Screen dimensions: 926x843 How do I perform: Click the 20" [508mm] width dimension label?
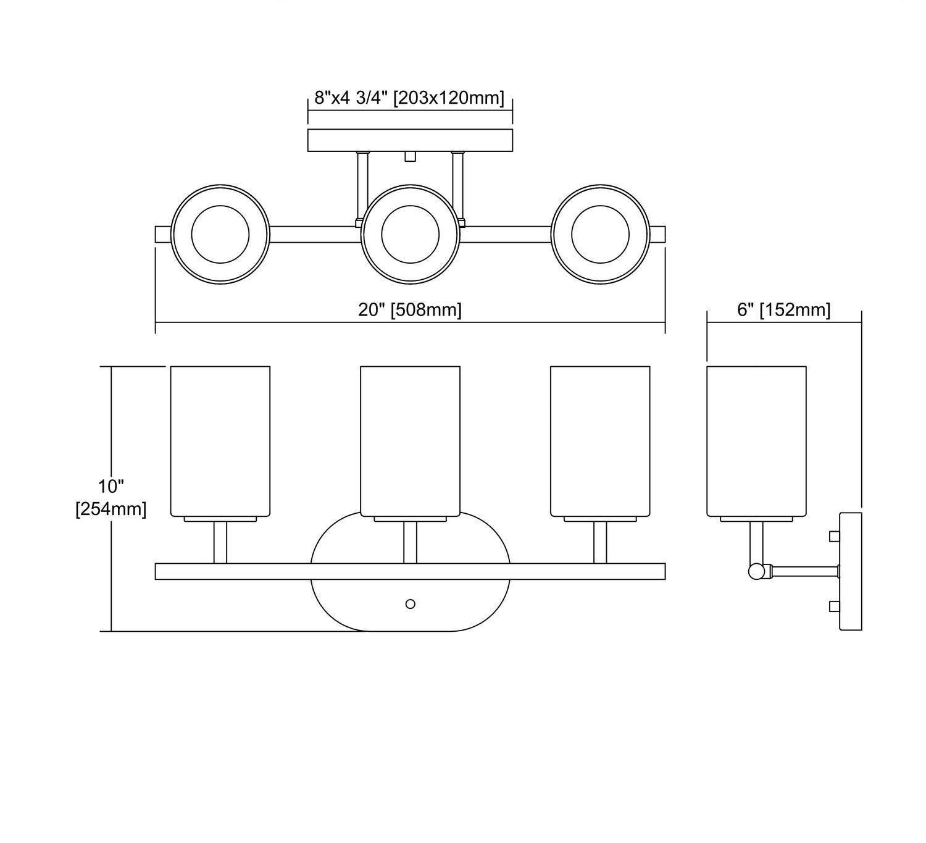pos(410,309)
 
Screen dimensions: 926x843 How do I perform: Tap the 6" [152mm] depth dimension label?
pos(784,309)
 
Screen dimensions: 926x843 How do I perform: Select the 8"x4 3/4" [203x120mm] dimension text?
pos(409,98)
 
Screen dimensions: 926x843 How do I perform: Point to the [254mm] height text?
pos(111,509)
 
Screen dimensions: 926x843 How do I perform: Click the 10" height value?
pos(111,487)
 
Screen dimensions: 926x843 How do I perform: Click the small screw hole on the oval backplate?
pos(410,604)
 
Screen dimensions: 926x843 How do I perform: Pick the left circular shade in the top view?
pos(220,234)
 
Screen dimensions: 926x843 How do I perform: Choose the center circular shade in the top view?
pos(410,234)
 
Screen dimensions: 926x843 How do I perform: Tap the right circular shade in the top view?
pos(600,234)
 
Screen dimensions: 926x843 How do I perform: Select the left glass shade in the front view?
pos(220,441)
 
